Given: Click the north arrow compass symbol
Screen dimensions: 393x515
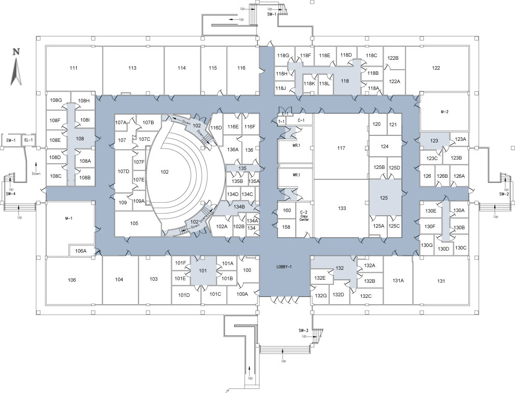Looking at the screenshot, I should click(x=16, y=68).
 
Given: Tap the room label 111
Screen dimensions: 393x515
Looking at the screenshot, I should click(x=74, y=68).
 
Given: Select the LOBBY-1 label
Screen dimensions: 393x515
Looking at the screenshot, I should click(x=284, y=267).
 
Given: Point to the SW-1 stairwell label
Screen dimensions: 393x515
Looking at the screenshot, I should click(x=271, y=15).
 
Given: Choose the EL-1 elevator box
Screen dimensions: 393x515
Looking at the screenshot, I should click(x=29, y=140).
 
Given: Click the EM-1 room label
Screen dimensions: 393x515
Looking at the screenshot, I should click(x=10, y=140).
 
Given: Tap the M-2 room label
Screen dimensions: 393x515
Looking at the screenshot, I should click(x=444, y=112).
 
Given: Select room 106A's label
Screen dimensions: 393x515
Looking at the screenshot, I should click(x=80, y=251).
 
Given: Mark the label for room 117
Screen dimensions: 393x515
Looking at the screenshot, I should click(x=341, y=148).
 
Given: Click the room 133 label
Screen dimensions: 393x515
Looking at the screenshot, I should click(x=342, y=208).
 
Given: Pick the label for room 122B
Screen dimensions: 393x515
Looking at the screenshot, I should click(x=393, y=58).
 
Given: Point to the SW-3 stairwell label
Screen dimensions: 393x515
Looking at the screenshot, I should click(x=304, y=331).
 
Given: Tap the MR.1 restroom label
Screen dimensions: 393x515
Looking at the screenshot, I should click(x=296, y=145).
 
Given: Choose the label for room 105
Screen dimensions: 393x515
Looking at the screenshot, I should click(x=134, y=224).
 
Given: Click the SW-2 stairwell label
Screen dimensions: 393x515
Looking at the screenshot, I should click(x=504, y=194).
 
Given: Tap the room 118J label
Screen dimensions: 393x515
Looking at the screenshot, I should click(x=281, y=88).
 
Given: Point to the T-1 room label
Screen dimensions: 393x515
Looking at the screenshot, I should click(x=281, y=121).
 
